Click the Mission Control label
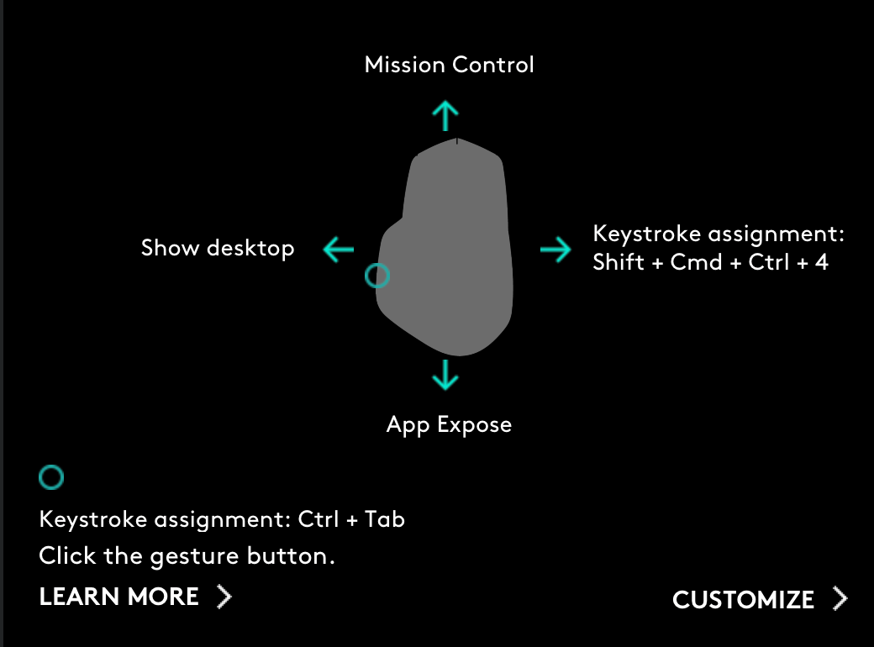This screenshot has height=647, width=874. tap(450, 65)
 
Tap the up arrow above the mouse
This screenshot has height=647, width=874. tap(445, 116)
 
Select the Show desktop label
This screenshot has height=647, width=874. tap(218, 248)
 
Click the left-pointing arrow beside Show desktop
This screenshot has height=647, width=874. tap(339, 249)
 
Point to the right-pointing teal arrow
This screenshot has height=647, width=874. tap(555, 249)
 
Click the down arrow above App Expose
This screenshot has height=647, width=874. tap(445, 375)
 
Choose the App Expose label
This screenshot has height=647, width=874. tap(450, 424)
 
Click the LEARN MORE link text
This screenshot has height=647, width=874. tap(119, 597)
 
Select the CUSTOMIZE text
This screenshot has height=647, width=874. tap(743, 600)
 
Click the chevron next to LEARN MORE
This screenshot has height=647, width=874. tap(224, 597)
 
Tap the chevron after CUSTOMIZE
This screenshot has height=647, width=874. tap(840, 599)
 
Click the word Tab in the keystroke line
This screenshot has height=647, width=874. tap(385, 519)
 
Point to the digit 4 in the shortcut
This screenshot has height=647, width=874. tap(822, 262)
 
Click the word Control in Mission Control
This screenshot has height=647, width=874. tap(493, 65)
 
